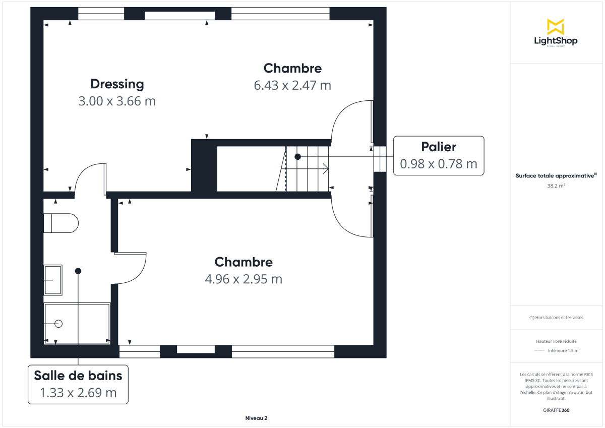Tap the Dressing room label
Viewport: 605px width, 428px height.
point(117,84)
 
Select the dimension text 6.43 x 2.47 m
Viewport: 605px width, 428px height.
point(292,85)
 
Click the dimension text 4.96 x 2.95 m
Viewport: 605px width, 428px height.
point(244,279)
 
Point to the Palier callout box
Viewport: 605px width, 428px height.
point(438,155)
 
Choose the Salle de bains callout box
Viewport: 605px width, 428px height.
point(78,384)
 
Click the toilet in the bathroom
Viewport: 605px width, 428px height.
point(61,223)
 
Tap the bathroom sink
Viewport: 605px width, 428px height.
point(52,279)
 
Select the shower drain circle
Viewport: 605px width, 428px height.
point(58,324)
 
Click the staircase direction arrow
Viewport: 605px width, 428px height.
point(325,168)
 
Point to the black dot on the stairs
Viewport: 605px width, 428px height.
point(297,157)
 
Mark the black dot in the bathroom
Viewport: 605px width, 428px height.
point(78,271)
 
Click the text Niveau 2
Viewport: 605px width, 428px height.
point(256,418)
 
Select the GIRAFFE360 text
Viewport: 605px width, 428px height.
point(556,410)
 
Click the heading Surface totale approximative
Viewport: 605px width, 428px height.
point(555,176)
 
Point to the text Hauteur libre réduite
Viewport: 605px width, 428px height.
point(556,341)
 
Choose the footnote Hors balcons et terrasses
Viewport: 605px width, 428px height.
point(556,318)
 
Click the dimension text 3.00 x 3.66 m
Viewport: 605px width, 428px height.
point(117,101)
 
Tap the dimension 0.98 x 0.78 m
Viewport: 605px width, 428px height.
point(438,164)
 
